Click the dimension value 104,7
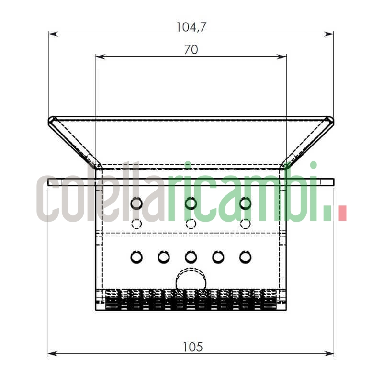coord(191,27)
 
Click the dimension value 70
coord(191,50)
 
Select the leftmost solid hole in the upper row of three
coord(136,203)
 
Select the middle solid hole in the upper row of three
coord(191,203)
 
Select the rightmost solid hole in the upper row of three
coord(245,203)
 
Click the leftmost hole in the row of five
coord(136,257)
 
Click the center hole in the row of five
coord(191,257)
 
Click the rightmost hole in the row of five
coord(245,257)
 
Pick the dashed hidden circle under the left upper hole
coord(136,224)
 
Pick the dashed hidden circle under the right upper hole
coord(245,224)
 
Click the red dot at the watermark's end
coord(342,213)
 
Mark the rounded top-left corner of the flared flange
coord(51,120)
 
